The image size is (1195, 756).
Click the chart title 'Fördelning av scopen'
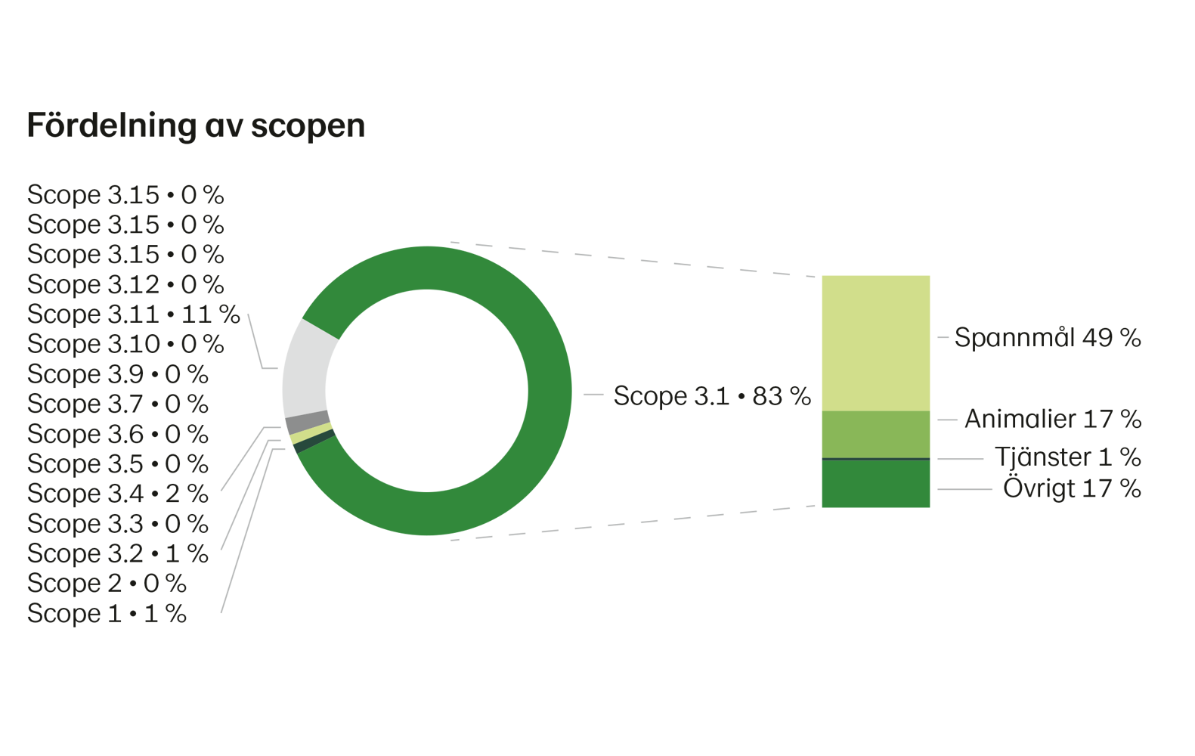(x=196, y=125)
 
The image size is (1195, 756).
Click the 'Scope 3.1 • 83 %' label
(x=711, y=395)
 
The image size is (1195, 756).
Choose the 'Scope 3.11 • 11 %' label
(x=133, y=314)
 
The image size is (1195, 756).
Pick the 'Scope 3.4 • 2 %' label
(x=117, y=494)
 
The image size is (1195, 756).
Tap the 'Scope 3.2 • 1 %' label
(x=117, y=553)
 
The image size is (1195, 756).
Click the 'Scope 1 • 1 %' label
(x=107, y=613)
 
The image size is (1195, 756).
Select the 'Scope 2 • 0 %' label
(x=107, y=583)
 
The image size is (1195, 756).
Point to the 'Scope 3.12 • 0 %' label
(x=125, y=284)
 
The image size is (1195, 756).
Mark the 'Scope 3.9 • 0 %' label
(x=117, y=374)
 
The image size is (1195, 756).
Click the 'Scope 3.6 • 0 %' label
(x=117, y=434)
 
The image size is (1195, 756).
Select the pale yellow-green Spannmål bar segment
(x=875, y=342)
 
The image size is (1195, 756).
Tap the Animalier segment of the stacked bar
(x=875, y=434)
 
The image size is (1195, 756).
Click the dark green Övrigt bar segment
(x=875, y=485)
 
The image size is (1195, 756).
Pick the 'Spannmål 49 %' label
(x=1048, y=337)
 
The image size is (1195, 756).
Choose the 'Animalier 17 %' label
(x=1053, y=419)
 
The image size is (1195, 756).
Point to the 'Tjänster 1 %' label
(x=1067, y=457)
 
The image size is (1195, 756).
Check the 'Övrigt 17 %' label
(x=1072, y=488)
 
